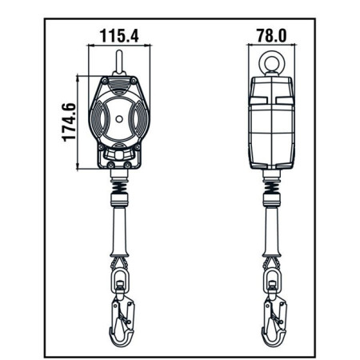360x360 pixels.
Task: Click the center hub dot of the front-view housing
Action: coord(120,121)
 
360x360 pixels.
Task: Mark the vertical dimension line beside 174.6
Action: coord(78,122)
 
